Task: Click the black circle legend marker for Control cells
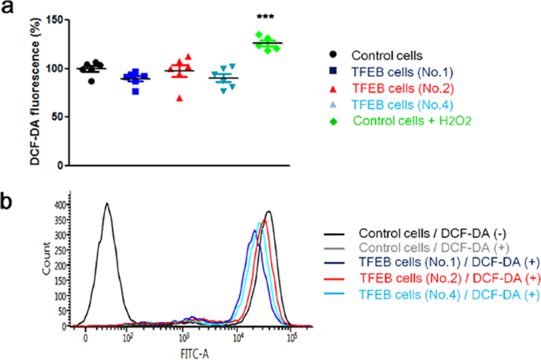pos(334,55)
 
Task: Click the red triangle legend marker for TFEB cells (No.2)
pos(334,88)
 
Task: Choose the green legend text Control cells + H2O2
pos(408,121)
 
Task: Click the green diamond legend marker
pos(334,121)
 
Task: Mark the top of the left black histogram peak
pos(106,204)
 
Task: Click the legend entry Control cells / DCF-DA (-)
pos(427,234)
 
